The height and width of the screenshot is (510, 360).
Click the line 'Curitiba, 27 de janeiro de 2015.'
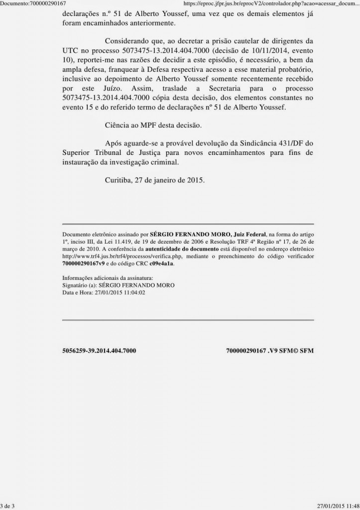(x=155, y=180)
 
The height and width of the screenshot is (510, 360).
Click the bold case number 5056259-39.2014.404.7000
(x=100, y=351)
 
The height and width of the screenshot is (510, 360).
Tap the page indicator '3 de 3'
(x=8, y=506)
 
